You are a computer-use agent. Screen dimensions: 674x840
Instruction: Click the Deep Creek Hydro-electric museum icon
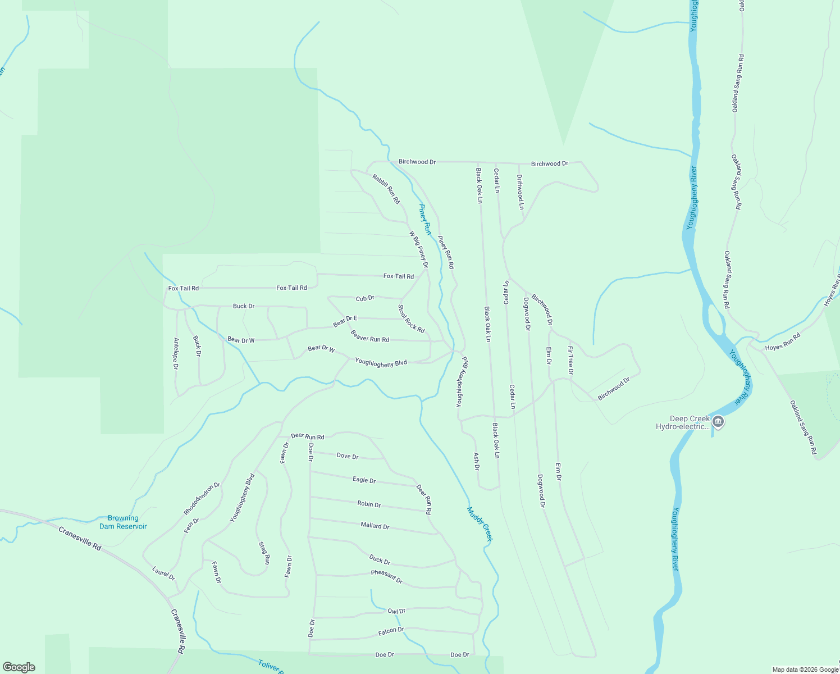718,421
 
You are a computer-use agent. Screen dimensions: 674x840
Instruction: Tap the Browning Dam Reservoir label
123,522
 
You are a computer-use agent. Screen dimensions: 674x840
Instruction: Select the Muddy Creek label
480,525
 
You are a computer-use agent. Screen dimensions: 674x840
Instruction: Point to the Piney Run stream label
425,219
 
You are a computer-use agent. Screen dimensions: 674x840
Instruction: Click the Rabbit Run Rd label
386,189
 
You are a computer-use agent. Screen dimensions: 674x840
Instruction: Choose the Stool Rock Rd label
411,319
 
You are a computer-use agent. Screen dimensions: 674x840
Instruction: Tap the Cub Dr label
365,298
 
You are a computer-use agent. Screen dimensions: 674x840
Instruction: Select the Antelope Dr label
176,354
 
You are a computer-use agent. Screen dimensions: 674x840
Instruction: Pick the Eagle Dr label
364,480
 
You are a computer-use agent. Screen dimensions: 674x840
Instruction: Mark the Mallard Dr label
375,526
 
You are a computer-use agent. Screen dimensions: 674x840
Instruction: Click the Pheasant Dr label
387,576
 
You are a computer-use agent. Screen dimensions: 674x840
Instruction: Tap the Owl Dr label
396,611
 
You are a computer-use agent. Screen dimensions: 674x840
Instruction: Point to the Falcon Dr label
391,631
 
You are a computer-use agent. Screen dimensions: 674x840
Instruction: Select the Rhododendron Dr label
202,499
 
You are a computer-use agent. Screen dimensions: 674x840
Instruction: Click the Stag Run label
264,553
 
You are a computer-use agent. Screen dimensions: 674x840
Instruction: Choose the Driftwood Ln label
520,192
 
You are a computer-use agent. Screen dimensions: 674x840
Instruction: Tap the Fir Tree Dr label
570,361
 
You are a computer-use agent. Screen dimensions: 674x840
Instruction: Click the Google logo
18,667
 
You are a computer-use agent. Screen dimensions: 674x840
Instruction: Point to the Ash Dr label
477,461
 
